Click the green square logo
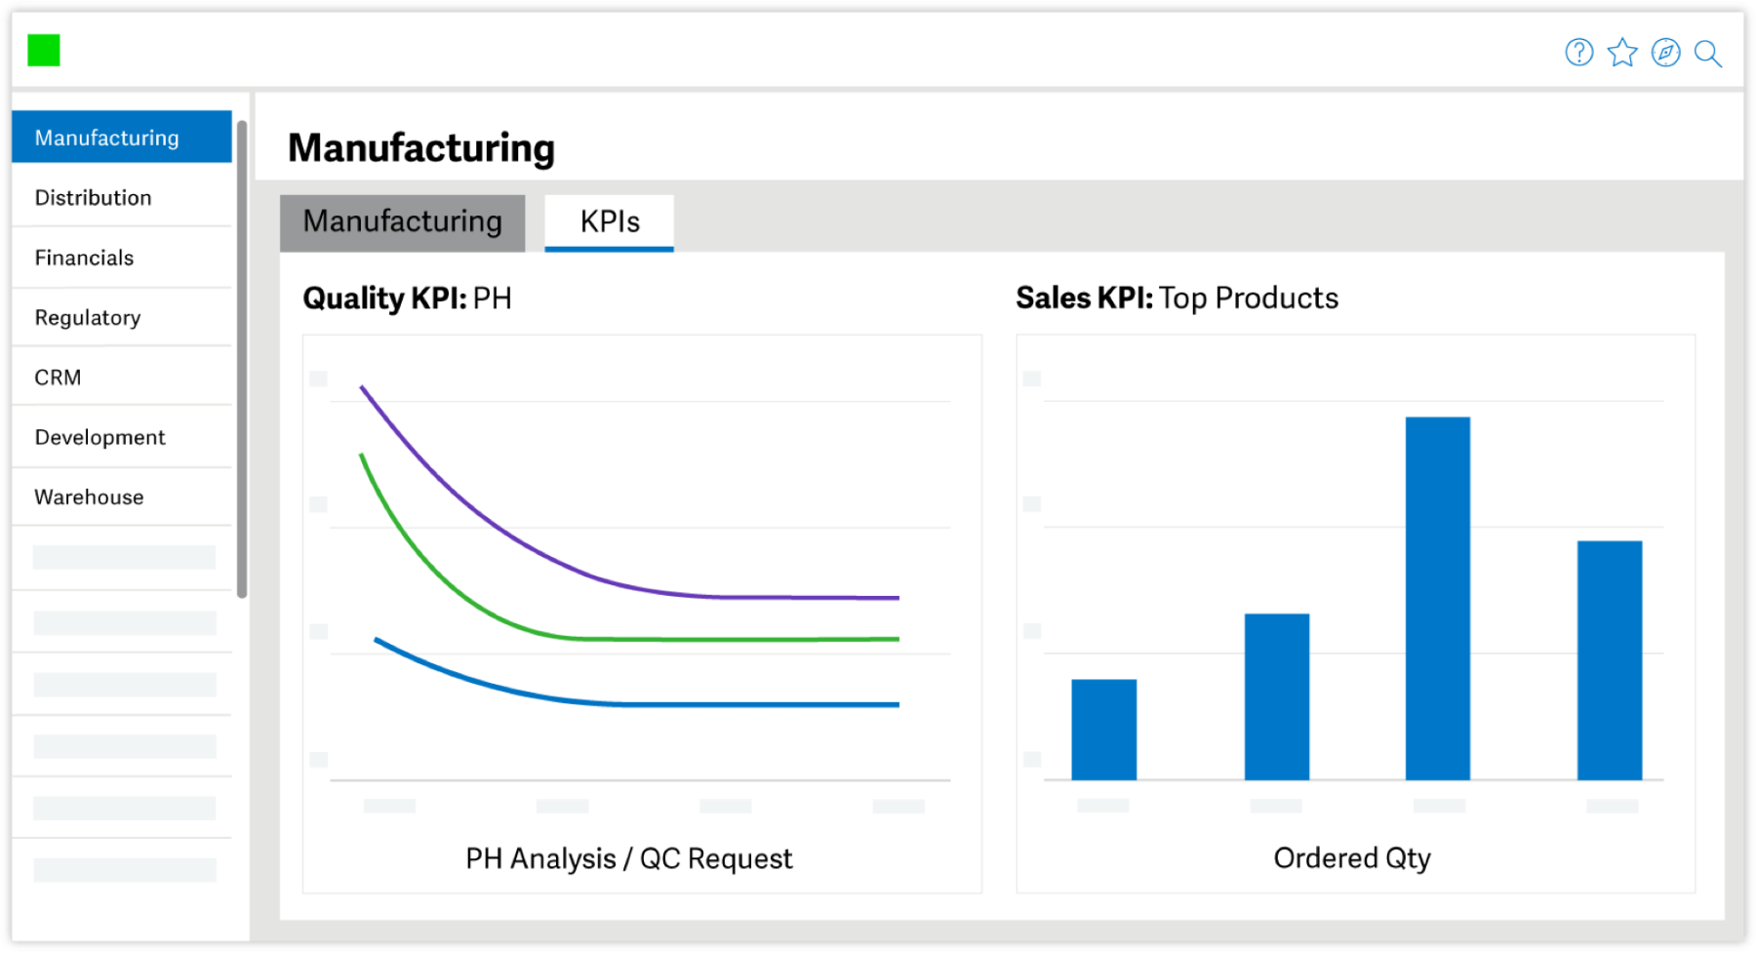pyautogui.click(x=44, y=51)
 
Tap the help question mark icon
pyautogui.click(x=1578, y=53)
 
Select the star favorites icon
pyautogui.click(x=1622, y=53)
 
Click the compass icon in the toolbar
pyautogui.click(x=1665, y=53)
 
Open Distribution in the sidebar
pyautogui.click(x=94, y=198)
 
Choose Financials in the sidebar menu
pyautogui.click(x=85, y=258)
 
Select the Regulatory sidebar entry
pyautogui.click(x=88, y=318)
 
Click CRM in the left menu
pyautogui.click(x=59, y=377)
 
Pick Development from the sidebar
pyautogui.click(x=100, y=438)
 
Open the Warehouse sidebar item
pyautogui.click(x=90, y=497)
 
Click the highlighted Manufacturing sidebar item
pyautogui.click(x=107, y=139)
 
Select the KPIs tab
pyautogui.click(x=610, y=222)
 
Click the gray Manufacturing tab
pyautogui.click(x=402, y=222)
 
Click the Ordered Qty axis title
pyautogui.click(x=1352, y=858)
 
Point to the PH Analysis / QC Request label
pyautogui.click(x=629, y=859)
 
